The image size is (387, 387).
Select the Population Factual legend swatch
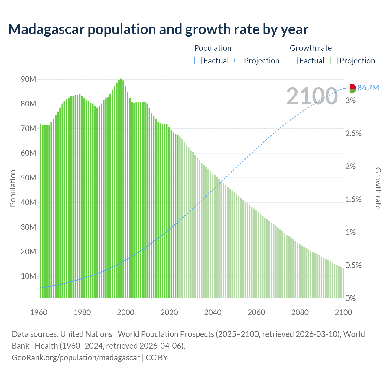point(198,61)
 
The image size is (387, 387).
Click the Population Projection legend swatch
point(238,61)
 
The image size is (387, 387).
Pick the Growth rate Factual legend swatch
point(293,61)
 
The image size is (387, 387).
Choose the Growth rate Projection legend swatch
point(334,61)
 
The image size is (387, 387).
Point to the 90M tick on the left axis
point(28,80)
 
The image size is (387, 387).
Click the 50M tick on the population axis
point(28,178)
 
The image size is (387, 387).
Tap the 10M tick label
point(28,276)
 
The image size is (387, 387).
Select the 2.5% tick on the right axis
point(353,134)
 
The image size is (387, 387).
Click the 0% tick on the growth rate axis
point(350,298)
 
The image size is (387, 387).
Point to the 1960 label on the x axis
point(39,312)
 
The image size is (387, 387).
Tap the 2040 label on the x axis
point(213,312)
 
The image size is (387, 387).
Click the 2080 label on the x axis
point(300,312)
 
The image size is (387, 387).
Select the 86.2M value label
point(368,88)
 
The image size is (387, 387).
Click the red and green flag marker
point(351,88)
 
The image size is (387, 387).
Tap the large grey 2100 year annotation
point(312,96)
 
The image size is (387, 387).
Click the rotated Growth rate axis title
point(378,188)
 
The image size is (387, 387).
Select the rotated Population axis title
point(13,188)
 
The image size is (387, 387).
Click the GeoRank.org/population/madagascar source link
point(76,358)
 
